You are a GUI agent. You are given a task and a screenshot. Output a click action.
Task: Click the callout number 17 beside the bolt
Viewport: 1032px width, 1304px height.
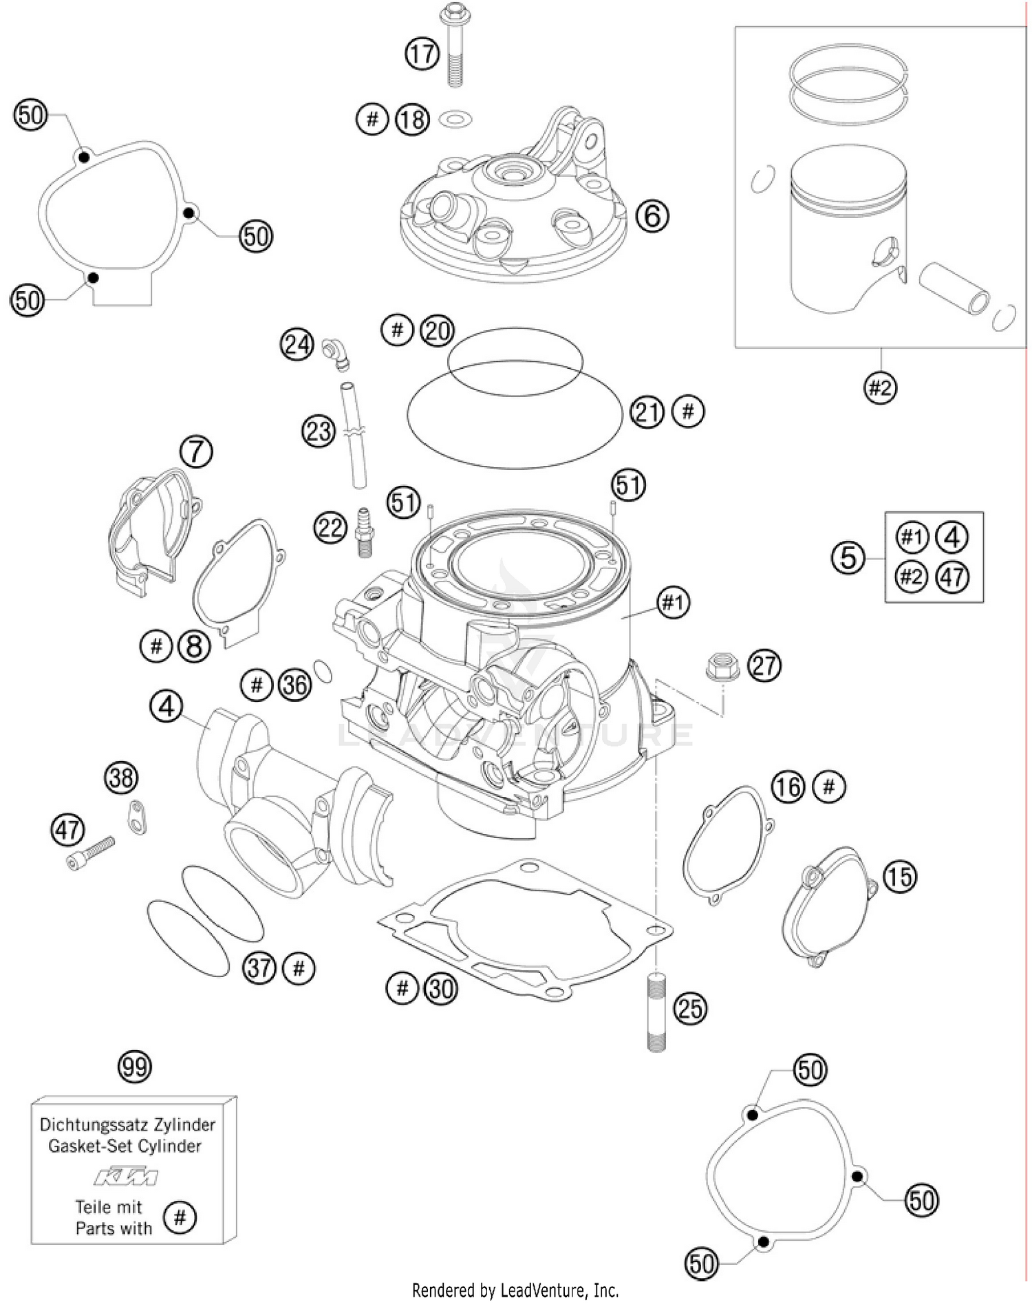point(422,54)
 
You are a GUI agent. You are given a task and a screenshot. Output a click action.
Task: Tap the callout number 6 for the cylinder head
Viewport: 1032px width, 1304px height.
point(652,216)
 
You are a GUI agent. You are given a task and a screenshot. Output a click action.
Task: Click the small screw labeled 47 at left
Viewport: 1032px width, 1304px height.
point(92,851)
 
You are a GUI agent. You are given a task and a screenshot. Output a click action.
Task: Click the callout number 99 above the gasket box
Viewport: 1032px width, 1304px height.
point(134,1067)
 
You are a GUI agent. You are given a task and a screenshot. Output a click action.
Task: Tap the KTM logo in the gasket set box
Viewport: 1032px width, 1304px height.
point(126,1177)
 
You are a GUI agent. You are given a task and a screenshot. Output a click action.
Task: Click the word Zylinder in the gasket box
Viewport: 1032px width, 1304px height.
point(183,1124)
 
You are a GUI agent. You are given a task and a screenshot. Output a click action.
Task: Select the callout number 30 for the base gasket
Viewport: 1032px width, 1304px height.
point(441,989)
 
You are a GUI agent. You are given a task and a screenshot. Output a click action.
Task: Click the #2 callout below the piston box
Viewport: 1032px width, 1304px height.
point(880,388)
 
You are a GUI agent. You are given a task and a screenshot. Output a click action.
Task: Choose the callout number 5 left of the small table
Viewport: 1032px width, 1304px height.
point(848,557)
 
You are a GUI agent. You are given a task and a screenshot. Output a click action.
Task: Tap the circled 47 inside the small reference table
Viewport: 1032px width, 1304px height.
point(952,577)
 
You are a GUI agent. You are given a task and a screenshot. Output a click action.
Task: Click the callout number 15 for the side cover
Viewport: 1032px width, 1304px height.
point(899,877)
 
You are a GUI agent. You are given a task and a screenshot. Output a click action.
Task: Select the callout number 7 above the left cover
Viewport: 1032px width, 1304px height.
point(196,452)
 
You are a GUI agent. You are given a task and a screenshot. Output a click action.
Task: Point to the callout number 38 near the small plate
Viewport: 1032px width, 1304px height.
point(121,778)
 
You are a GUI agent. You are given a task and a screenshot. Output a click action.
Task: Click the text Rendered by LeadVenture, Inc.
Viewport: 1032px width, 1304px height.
point(515,1290)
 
